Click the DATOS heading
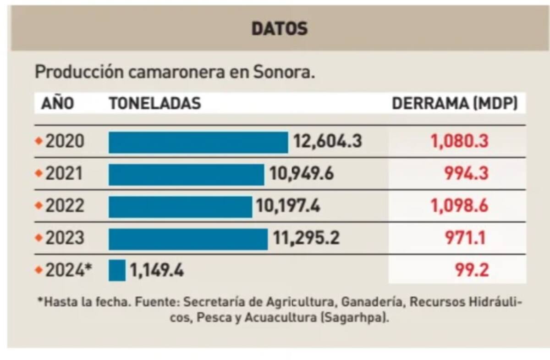280,28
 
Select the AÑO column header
57,104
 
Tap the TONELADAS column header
155,104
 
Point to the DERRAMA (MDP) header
455,104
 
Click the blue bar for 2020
198,142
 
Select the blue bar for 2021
186,174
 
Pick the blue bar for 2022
180,206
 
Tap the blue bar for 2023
188,238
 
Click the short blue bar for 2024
117,271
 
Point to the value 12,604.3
328,142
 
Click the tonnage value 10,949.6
302,174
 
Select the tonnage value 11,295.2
306,238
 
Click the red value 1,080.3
459,142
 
